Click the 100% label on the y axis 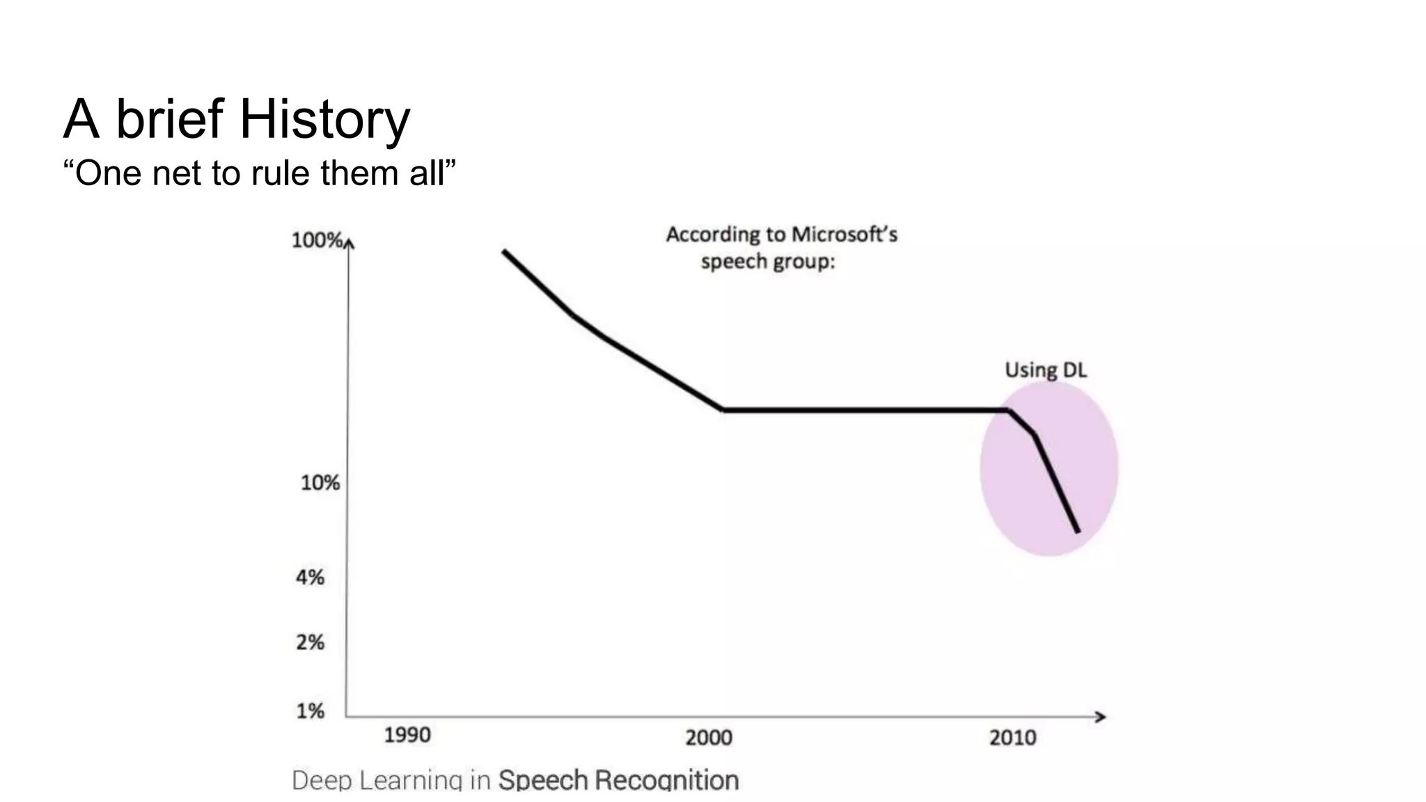click(317, 241)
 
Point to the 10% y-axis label click(320, 482)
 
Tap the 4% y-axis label click(311, 577)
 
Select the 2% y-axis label click(311, 642)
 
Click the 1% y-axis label click(311, 711)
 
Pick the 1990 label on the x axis click(407, 735)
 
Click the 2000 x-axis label click(709, 737)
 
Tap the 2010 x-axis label click(1013, 737)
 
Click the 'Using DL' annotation click(1045, 370)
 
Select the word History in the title click(324, 119)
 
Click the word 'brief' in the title click(169, 119)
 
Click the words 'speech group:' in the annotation click(767, 262)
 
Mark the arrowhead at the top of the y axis click(350, 242)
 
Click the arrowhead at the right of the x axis click(1101, 716)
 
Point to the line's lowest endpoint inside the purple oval click(1078, 532)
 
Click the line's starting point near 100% click(504, 251)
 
